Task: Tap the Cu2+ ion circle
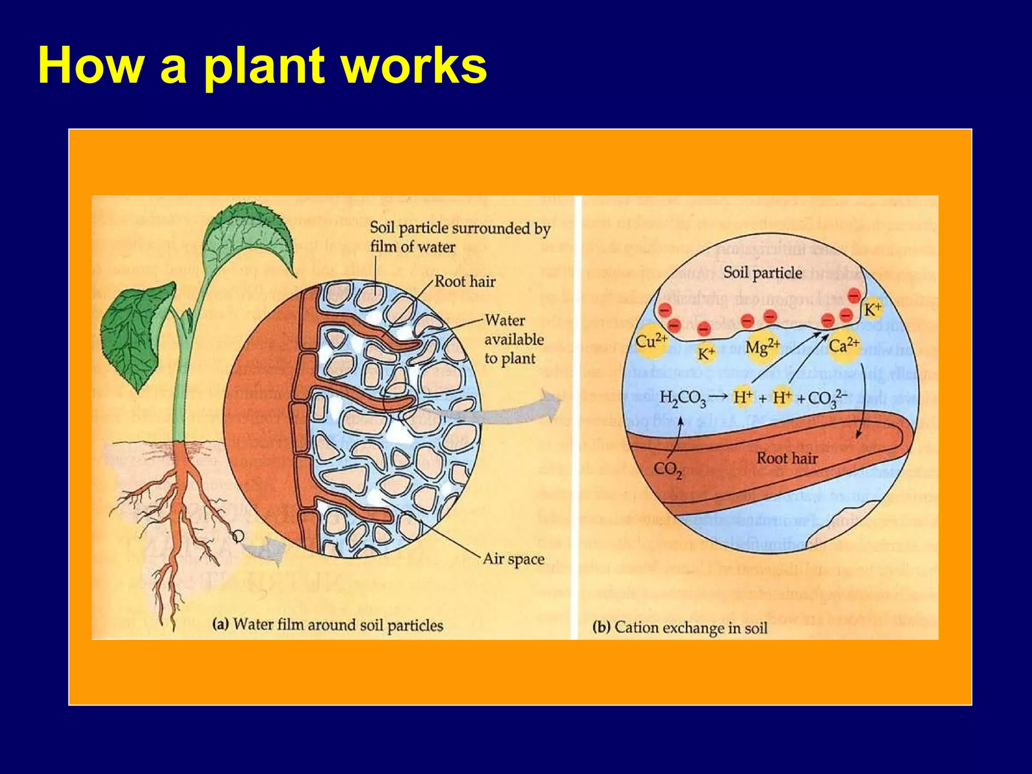(651, 343)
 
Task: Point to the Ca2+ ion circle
(844, 346)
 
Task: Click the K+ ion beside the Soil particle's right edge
(872, 309)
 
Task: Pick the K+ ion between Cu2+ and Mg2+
(706, 353)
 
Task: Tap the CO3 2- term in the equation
(827, 398)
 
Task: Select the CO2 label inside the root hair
(668, 470)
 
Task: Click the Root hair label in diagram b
(787, 458)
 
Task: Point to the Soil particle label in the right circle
(762, 273)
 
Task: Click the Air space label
(513, 559)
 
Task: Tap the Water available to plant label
(513, 339)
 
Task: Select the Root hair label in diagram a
(465, 281)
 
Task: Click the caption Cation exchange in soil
(680, 628)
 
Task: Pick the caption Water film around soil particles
(328, 625)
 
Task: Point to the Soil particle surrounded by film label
(460, 237)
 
